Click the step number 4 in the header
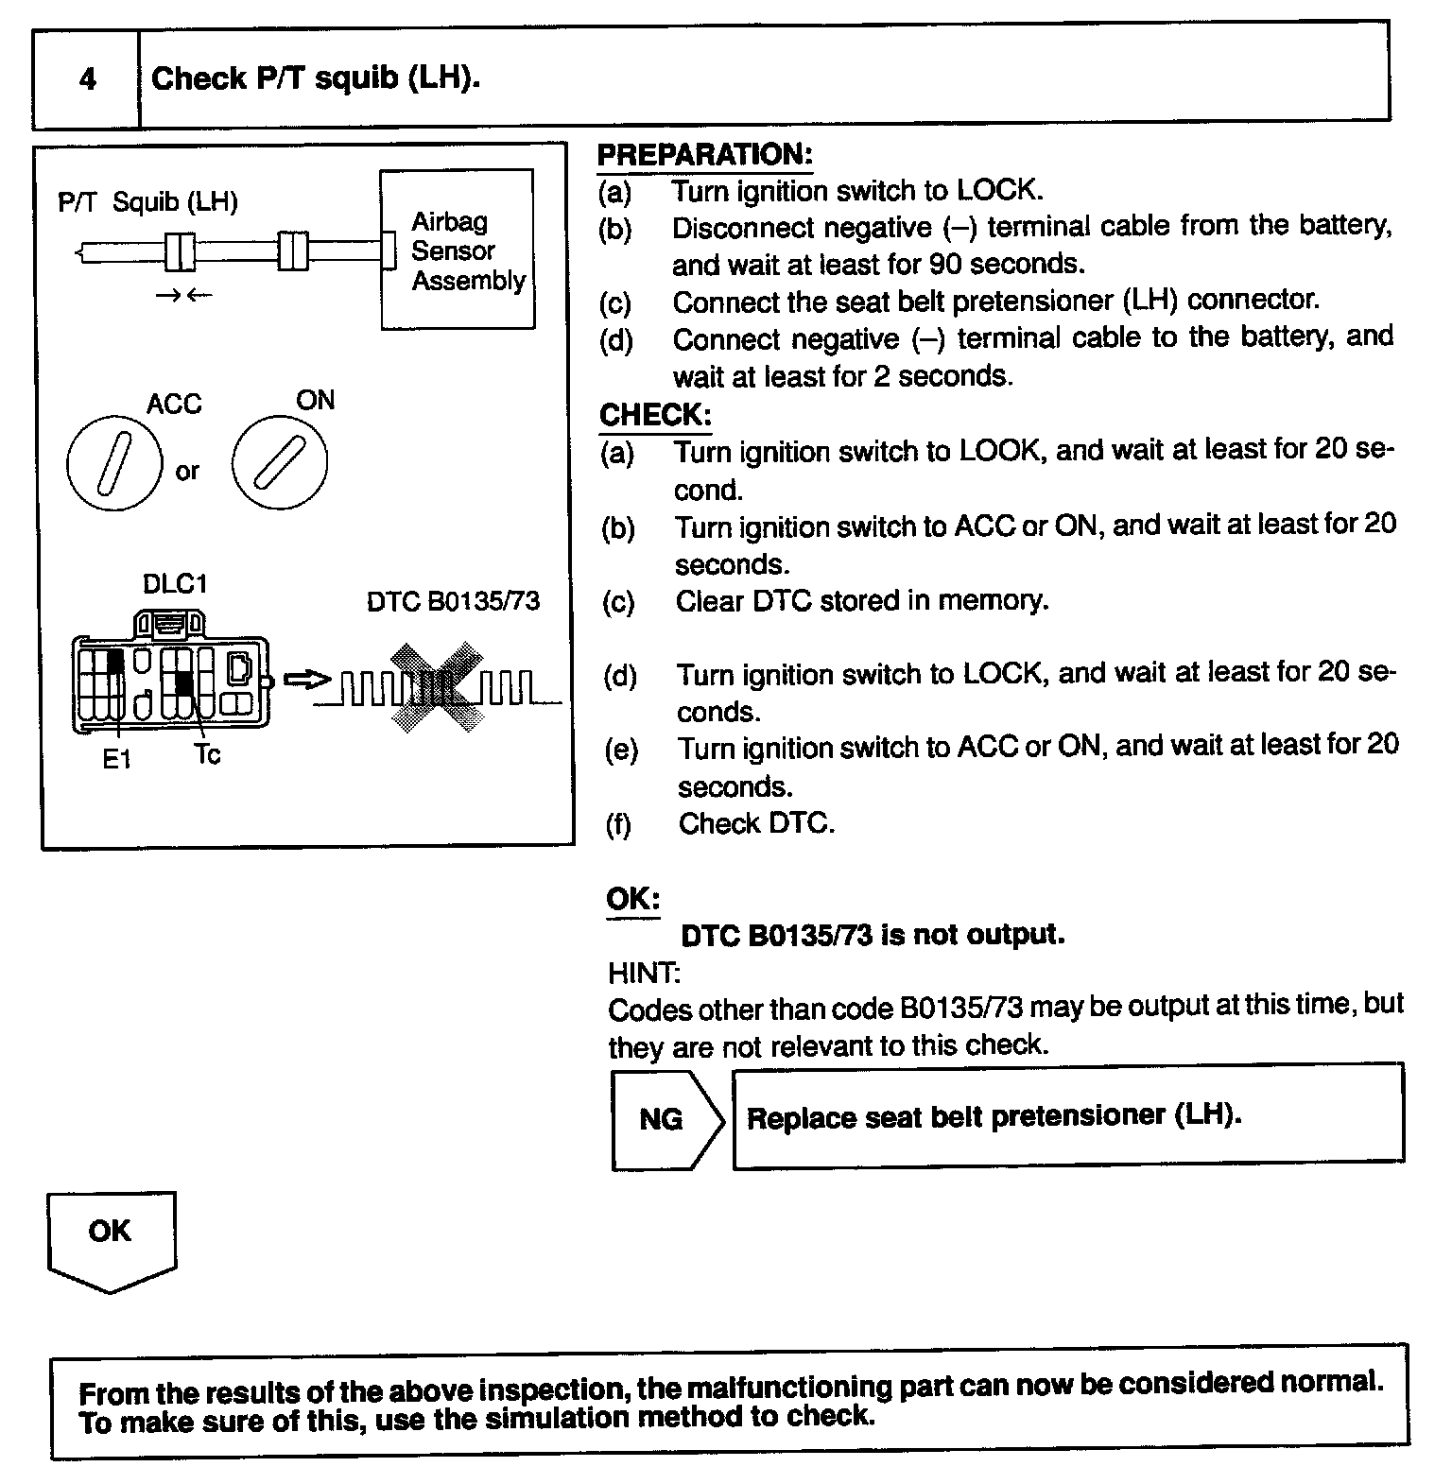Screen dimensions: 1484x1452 tap(87, 78)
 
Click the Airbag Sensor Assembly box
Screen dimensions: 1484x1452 tap(458, 250)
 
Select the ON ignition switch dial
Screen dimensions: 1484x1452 tap(280, 462)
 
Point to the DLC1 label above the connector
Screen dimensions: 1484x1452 tap(174, 584)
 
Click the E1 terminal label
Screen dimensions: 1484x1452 tap(116, 759)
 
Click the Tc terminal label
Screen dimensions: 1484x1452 tap(207, 755)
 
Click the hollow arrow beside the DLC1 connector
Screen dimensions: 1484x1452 tap(306, 680)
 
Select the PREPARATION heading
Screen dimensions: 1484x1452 tap(704, 154)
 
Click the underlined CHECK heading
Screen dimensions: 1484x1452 tap(654, 415)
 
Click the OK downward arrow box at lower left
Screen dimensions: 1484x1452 tap(111, 1239)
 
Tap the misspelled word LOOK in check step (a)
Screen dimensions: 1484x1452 tap(999, 450)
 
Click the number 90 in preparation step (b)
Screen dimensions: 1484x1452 tap(945, 263)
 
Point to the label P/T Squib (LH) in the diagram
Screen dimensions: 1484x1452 tap(147, 202)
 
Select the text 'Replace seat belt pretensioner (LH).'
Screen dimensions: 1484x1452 tap(994, 1116)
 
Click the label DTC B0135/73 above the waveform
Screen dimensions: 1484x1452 tap(453, 602)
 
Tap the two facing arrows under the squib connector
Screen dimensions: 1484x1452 tap(184, 296)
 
